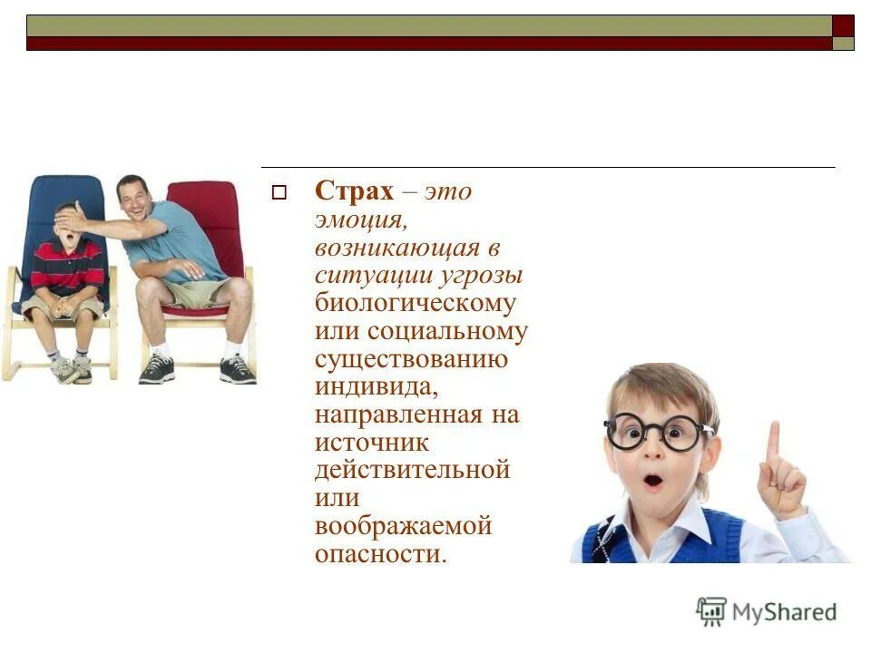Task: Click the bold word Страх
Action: click(x=355, y=191)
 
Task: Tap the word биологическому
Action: click(x=415, y=303)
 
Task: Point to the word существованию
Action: click(x=411, y=359)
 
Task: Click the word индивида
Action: click(x=377, y=387)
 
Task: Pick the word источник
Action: click(x=372, y=443)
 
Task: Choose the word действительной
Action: click(x=412, y=471)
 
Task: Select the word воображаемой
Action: click(x=403, y=526)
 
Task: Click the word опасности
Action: click(x=381, y=554)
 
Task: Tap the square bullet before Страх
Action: click(x=279, y=192)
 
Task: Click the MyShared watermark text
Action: click(x=784, y=612)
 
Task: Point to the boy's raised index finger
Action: click(x=772, y=442)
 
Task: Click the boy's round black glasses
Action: click(x=658, y=432)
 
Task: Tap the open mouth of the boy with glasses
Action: click(x=653, y=480)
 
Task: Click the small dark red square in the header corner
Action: click(x=843, y=25)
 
